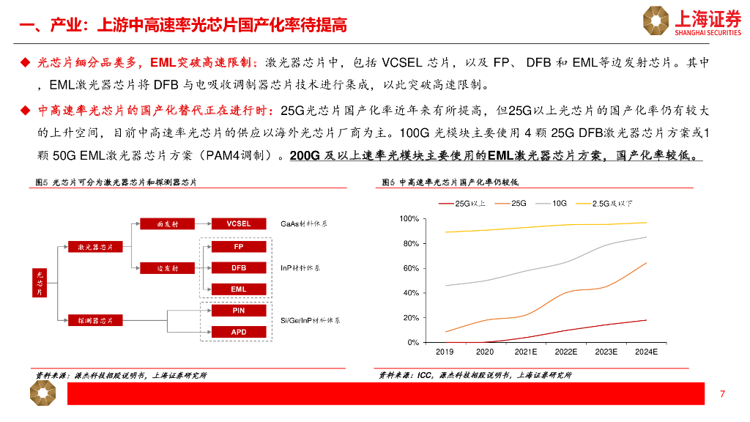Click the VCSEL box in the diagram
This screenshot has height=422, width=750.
[238, 223]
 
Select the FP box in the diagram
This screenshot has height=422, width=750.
[238, 247]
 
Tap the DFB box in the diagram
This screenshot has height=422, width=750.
[238, 268]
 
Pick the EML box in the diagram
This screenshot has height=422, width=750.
[238, 289]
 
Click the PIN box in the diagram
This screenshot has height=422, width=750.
[238, 311]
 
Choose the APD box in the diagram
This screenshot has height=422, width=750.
[238, 331]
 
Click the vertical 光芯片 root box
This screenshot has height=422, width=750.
[40, 282]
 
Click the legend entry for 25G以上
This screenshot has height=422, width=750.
[462, 203]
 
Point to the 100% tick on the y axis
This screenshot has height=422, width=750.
[409, 219]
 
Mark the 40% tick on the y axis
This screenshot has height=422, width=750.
[411, 293]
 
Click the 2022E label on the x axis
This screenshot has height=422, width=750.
[565, 352]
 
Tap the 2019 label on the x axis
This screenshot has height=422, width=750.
[445, 352]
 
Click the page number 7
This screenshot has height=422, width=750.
[722, 395]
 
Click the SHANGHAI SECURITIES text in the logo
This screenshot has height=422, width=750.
[708, 32]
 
